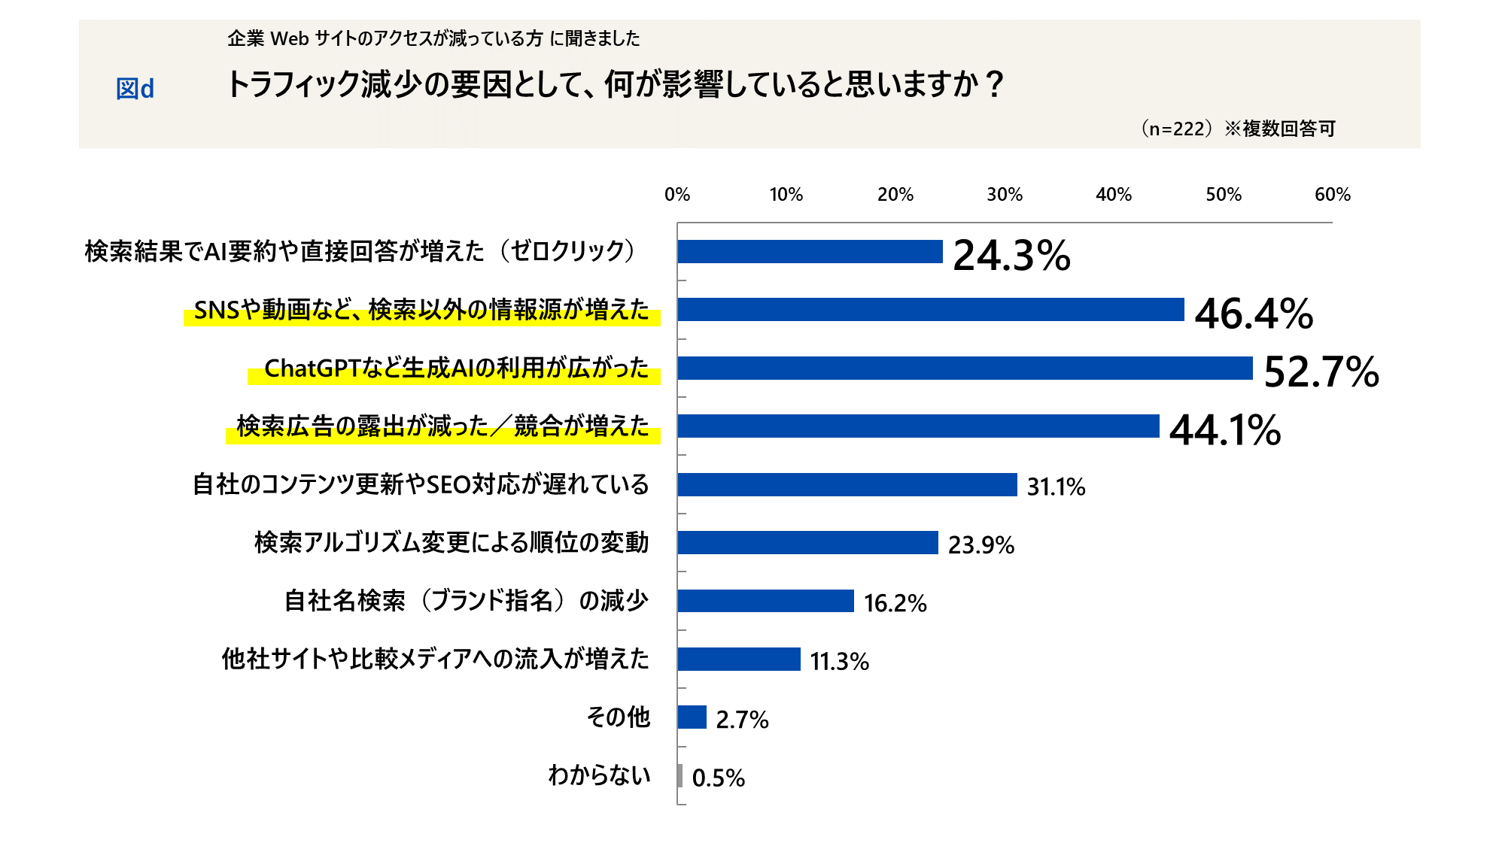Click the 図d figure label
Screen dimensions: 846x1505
(x=135, y=89)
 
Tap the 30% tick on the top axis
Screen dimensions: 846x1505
(x=1005, y=195)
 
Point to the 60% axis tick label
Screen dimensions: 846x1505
(x=1332, y=195)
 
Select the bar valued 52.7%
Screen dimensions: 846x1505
(x=965, y=368)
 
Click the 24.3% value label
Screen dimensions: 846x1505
(x=1011, y=255)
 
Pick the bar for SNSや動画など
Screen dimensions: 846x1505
(x=930, y=310)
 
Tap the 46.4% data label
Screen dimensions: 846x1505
(x=1254, y=314)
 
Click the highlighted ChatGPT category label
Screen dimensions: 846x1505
(x=456, y=368)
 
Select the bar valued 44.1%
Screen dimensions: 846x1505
(x=918, y=426)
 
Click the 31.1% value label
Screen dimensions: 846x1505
(x=1056, y=487)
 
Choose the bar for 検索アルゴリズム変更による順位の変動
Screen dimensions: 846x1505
(x=807, y=543)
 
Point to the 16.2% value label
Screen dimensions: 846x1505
(x=895, y=603)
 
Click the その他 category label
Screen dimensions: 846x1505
(x=618, y=717)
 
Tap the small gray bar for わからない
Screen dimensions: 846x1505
(x=680, y=776)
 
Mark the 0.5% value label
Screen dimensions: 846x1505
(x=718, y=778)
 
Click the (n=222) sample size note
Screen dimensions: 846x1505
(x=1176, y=129)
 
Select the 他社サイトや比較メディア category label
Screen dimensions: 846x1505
(x=435, y=660)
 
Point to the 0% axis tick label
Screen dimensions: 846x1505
(x=676, y=195)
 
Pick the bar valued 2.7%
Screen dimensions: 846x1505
(x=692, y=717)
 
